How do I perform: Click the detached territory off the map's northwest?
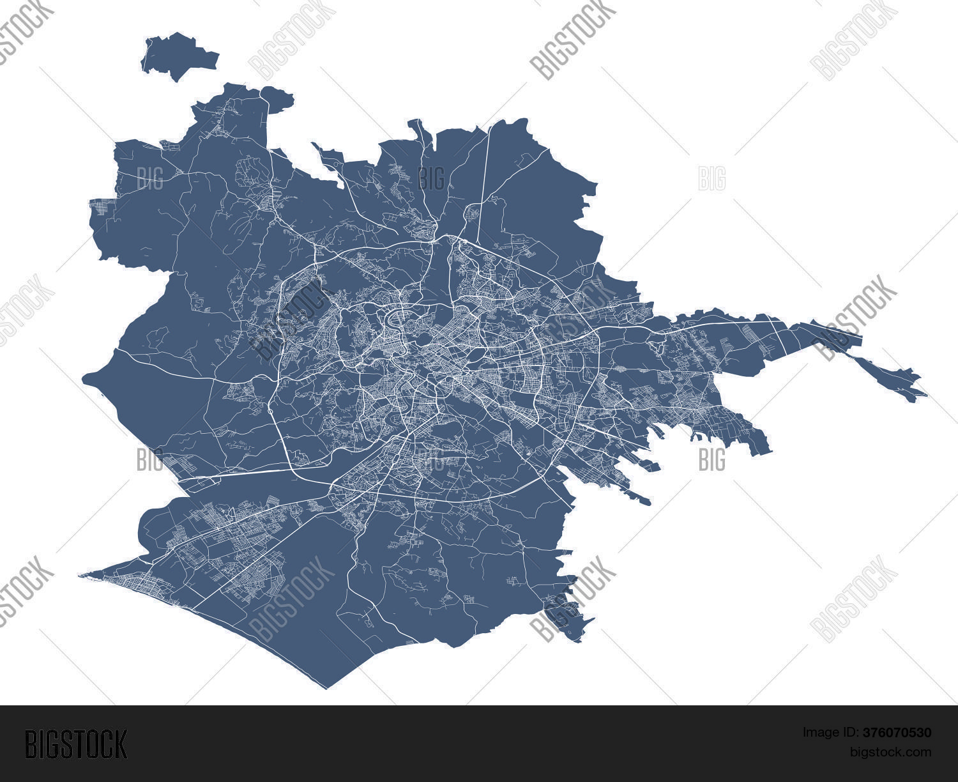[x=179, y=55]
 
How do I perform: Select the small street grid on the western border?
[x=102, y=208]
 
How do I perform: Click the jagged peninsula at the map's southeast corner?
[x=568, y=617]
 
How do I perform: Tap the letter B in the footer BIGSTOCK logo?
[x=31, y=744]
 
